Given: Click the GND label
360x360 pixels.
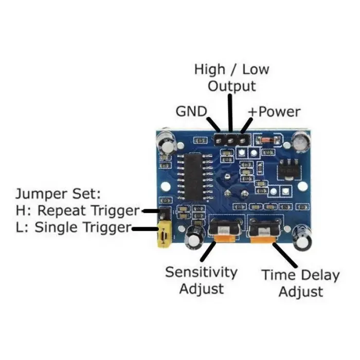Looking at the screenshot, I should [191, 111].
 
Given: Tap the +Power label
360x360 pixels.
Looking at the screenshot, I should [274, 112].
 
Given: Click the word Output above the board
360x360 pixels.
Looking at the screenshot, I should [231, 86].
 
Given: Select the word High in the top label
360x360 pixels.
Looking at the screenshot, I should [209, 69].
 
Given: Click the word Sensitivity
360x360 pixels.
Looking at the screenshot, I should [201, 272].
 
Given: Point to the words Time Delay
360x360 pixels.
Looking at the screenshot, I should [301, 275].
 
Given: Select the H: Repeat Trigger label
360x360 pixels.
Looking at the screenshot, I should [78, 210].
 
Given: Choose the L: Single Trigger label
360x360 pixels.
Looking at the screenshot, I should [74, 227].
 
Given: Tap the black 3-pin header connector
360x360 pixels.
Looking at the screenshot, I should [231, 140].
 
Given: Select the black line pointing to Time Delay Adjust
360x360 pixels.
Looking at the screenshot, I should [283, 254].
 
